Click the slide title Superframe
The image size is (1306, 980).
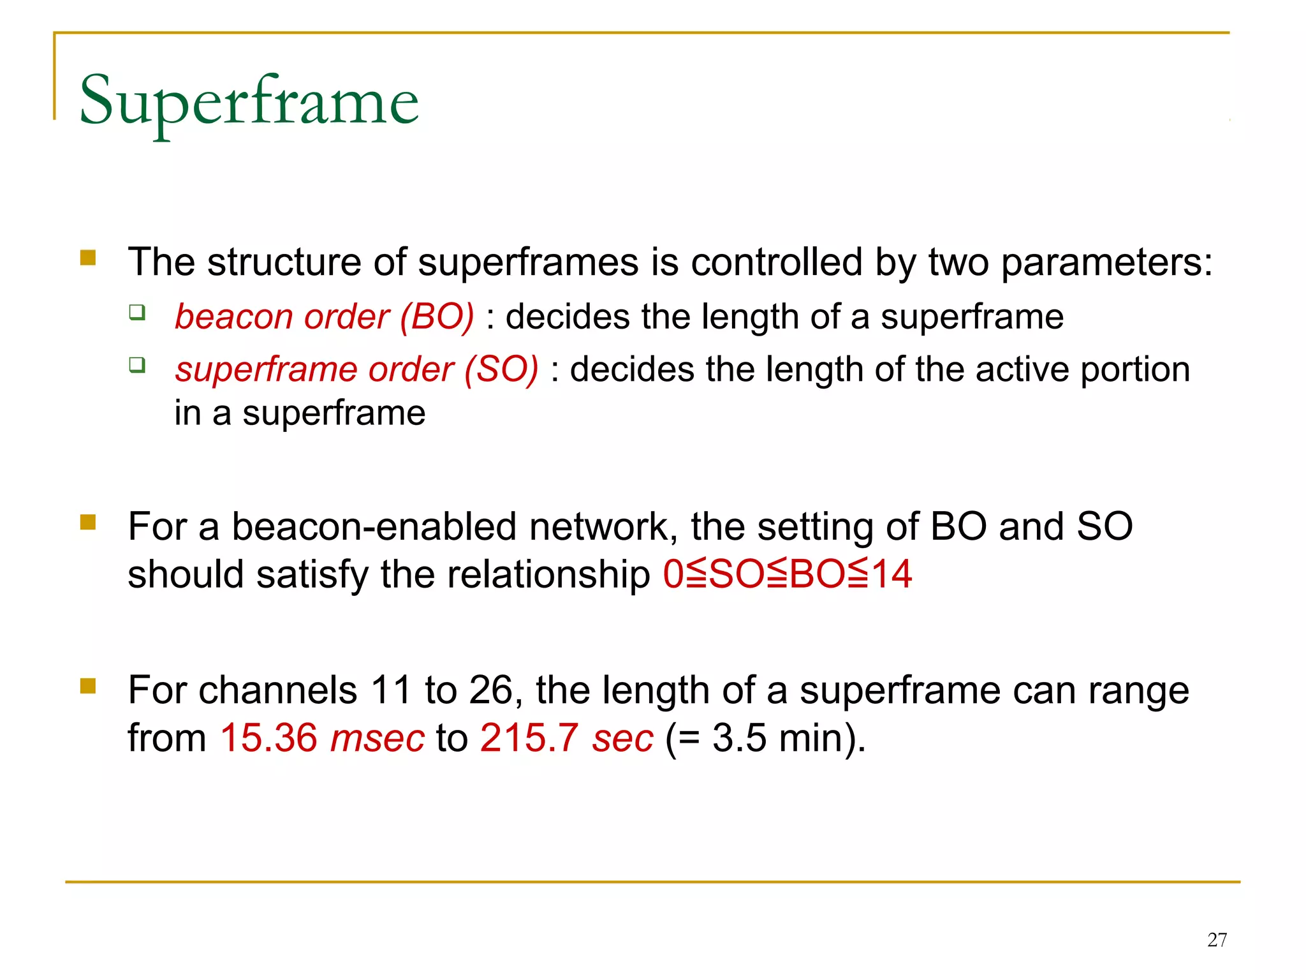coord(249,102)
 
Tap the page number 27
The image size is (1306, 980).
coord(1217,940)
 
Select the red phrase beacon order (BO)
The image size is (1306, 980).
coord(324,316)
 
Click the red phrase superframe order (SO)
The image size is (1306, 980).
coord(356,369)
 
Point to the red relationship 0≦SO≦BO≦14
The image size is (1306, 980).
coord(787,574)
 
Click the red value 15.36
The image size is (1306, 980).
coord(268,738)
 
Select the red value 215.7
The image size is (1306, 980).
coord(529,738)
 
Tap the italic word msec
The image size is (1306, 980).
coord(378,738)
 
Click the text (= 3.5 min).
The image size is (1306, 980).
coord(765,738)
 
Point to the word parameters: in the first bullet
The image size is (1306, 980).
coord(1106,262)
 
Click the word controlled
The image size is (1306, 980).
coord(776,262)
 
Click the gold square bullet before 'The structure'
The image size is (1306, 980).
coord(88,258)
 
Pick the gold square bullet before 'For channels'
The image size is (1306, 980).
coord(88,686)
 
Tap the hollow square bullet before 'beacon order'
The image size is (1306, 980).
coord(137,313)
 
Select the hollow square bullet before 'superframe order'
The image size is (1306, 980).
coord(137,365)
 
